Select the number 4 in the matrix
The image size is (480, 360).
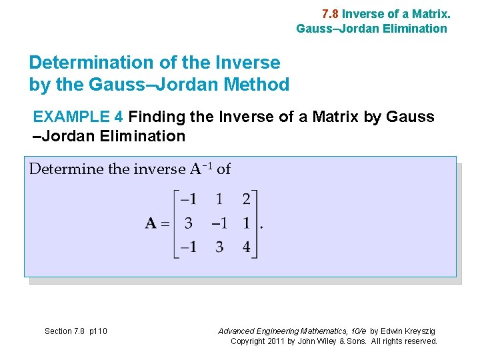247,247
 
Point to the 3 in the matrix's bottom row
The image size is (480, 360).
219,247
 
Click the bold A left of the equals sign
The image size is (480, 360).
151,224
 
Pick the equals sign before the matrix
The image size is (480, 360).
167,224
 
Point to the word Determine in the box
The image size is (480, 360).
66,169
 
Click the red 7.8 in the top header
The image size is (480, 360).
330,13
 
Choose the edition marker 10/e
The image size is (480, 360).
356,331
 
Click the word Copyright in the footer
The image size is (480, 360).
247,341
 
